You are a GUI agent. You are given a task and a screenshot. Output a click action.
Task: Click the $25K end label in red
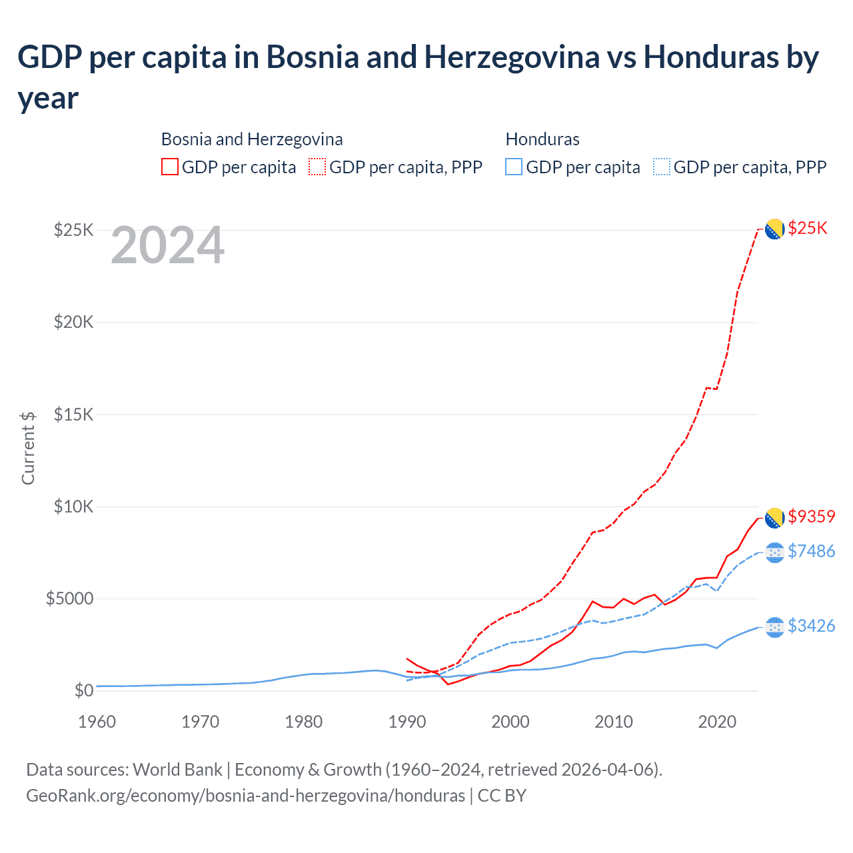[x=807, y=228]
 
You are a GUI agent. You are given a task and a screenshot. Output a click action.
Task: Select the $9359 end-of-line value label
[x=811, y=516]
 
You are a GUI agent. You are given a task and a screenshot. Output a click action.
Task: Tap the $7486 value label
[x=811, y=551]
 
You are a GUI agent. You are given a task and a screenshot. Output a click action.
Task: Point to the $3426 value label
[x=811, y=626]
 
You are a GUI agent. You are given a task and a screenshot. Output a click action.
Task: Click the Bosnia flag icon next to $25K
[x=774, y=229]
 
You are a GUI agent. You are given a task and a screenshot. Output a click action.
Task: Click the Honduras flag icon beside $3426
[x=774, y=627]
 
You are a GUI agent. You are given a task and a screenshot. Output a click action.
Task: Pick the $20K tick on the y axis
[x=73, y=323]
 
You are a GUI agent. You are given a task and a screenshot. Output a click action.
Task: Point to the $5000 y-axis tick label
[x=69, y=598]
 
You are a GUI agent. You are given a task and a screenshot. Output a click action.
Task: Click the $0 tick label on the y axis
[x=83, y=690]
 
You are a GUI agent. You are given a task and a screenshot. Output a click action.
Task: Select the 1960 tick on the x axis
[x=97, y=722]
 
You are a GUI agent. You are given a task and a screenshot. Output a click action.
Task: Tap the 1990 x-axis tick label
[x=407, y=722]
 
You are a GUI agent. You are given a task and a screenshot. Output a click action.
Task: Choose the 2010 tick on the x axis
[x=613, y=722]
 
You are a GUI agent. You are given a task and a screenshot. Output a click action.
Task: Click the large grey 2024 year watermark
[x=167, y=245]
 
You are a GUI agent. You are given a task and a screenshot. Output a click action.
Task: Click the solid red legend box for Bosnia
[x=170, y=167]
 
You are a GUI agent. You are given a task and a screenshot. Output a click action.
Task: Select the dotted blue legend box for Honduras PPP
[x=662, y=167]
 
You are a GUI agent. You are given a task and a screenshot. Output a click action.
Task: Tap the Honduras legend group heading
[x=542, y=139]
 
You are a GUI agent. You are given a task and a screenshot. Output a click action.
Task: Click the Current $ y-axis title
[x=28, y=448]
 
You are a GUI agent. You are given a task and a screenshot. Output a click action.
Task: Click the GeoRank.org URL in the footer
[x=245, y=796]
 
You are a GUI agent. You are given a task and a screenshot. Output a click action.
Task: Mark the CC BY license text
[x=502, y=796]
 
